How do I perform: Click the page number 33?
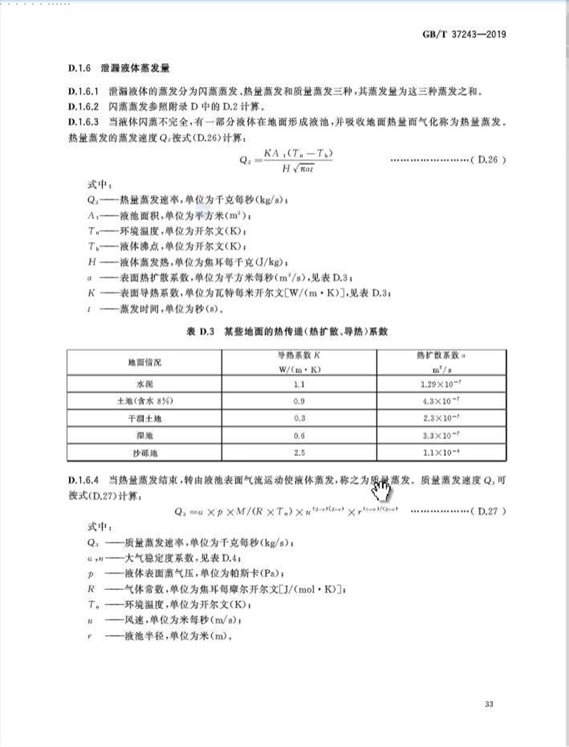[x=488, y=704]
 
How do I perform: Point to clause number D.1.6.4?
[x=85, y=479]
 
